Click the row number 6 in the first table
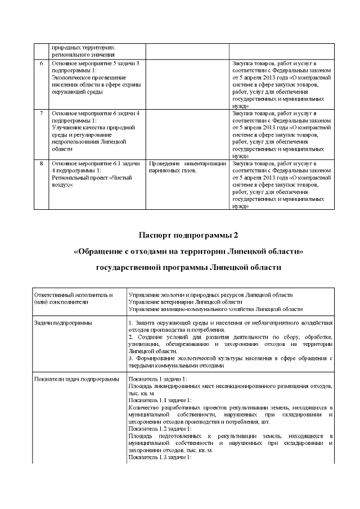pos(41,62)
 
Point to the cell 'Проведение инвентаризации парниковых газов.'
pos(187,167)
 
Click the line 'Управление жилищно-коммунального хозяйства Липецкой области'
pos(215,309)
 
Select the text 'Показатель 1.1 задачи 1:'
pos(160,400)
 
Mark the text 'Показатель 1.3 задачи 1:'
pos(160,458)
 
